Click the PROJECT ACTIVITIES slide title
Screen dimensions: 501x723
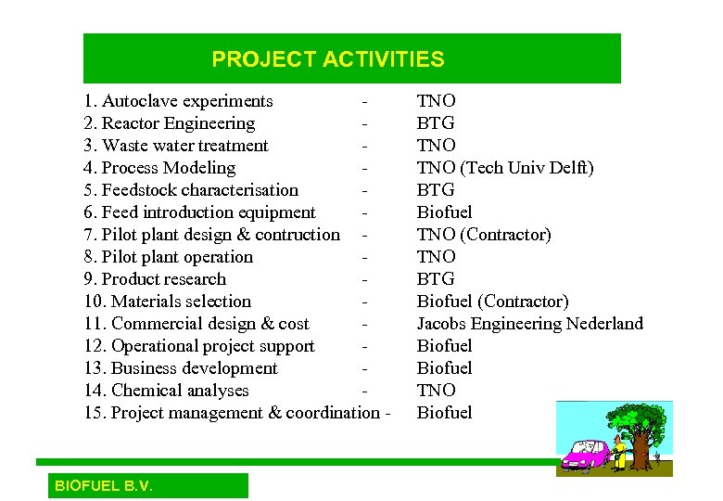pyautogui.click(x=328, y=59)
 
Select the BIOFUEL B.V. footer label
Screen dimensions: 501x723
pyautogui.click(x=104, y=486)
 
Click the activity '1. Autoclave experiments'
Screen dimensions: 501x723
pyautogui.click(x=178, y=101)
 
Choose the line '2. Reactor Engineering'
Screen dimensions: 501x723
pyautogui.click(x=169, y=123)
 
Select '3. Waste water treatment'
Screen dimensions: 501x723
pyautogui.click(x=176, y=146)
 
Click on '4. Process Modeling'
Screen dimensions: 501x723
pyautogui.click(x=159, y=168)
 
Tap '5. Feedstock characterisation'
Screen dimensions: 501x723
pyautogui.click(x=191, y=190)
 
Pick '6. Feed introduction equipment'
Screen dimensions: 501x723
pyautogui.click(x=199, y=212)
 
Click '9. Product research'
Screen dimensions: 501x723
pyautogui.click(x=155, y=279)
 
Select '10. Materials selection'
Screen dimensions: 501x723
pyautogui.click(x=167, y=302)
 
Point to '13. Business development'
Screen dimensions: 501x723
pyautogui.click(x=181, y=368)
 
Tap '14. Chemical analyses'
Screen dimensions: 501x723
pyautogui.click(x=166, y=391)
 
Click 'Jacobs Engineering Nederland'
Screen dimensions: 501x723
pyautogui.click(x=529, y=324)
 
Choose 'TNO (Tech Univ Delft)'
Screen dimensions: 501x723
pyautogui.click(x=505, y=168)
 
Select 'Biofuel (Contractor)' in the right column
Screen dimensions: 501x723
pyautogui.click(x=492, y=302)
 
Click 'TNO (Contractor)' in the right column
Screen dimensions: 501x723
pyautogui.click(x=483, y=235)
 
